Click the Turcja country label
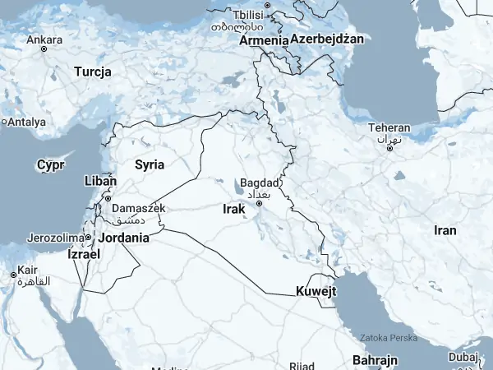point(92,72)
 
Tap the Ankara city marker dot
point(44,49)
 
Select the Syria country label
point(150,164)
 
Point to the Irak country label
point(234,210)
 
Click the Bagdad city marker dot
point(259,203)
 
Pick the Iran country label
point(445,230)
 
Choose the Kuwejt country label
point(316,291)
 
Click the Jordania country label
point(124,238)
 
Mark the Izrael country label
point(83,255)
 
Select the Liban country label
point(100,180)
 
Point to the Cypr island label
point(50,165)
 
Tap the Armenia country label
point(263,39)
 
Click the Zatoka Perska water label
point(389,338)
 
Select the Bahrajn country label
point(375,360)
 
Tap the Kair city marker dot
point(13,275)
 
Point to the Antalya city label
point(27,123)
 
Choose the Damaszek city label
point(138,209)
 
